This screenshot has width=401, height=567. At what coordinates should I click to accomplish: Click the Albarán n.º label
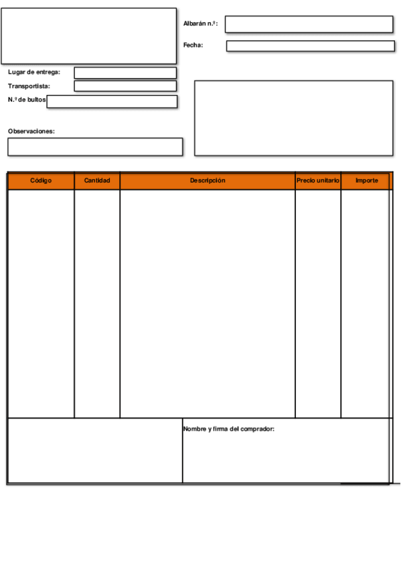[200, 23]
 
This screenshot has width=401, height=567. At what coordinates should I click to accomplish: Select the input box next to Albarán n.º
[309, 24]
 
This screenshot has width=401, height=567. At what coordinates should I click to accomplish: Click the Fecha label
[193, 45]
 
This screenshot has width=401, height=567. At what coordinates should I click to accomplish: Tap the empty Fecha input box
[309, 46]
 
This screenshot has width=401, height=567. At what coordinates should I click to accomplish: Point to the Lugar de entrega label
[33, 72]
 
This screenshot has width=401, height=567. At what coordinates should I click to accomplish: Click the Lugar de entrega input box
[125, 73]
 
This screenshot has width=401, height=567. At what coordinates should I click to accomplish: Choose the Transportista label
[29, 86]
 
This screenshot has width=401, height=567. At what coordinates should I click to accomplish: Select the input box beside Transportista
[125, 86]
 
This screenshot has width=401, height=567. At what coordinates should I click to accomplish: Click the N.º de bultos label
[27, 100]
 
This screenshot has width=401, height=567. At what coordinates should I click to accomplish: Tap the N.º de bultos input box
[112, 102]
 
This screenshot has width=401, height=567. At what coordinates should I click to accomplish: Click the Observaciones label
[31, 131]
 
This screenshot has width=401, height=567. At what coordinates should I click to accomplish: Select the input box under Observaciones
[95, 147]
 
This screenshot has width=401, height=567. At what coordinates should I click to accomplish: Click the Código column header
[41, 181]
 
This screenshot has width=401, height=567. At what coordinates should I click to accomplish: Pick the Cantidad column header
[97, 181]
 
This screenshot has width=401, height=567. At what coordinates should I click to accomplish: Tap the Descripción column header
[208, 181]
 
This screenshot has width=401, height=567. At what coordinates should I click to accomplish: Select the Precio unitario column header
[318, 181]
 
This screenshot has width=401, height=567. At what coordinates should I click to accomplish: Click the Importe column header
[366, 181]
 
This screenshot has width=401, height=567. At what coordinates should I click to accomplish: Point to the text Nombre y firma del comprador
[228, 429]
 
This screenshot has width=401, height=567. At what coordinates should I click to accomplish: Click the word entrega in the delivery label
[48, 72]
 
